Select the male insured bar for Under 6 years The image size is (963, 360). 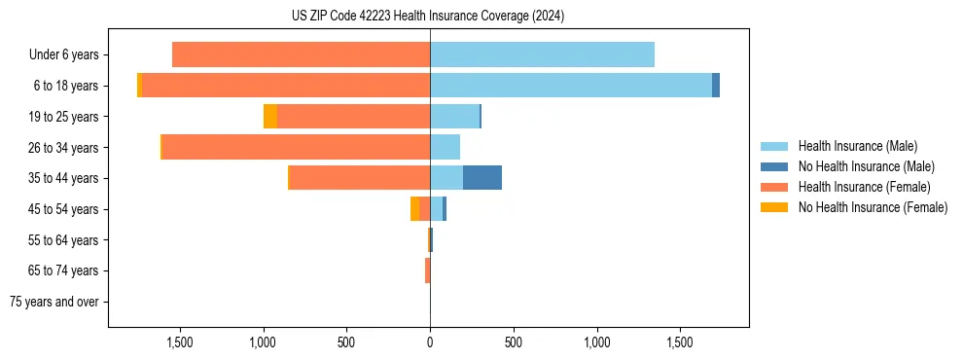pos(542,55)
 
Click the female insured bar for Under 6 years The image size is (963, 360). pos(301,55)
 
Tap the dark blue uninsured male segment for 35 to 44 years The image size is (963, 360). pos(482,178)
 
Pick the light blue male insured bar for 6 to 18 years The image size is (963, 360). pos(571,86)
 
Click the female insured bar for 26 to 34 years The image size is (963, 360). pos(296,147)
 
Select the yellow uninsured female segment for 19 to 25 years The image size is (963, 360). pos(270,117)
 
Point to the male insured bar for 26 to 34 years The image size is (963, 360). pos(446,147)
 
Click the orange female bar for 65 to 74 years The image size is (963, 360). pos(427,270)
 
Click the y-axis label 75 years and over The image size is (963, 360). pos(53,302)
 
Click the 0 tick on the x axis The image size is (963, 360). pos(430,342)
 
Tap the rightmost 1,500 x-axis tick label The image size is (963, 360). pos(680,342)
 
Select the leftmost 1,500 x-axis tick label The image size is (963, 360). pos(180,342)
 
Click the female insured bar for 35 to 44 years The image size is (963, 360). pos(360,178)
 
